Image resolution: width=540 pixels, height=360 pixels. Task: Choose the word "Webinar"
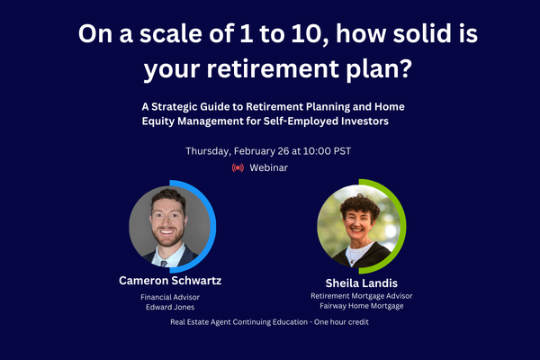269,167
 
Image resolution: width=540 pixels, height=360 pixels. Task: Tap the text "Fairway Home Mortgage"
357,306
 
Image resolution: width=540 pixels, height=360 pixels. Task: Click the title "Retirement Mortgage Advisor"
357,295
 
